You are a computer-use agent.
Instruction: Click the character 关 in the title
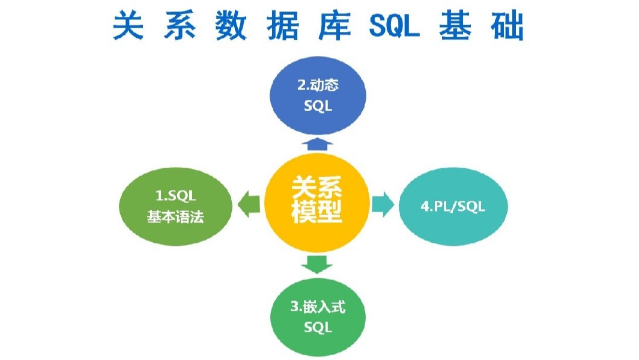(x=129, y=26)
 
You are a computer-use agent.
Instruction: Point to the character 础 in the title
(x=507, y=26)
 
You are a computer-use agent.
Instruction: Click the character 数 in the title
(x=230, y=26)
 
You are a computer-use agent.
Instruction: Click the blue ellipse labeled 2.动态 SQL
(x=318, y=96)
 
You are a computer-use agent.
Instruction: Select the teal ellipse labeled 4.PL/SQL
(x=453, y=207)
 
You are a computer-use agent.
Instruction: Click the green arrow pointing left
(x=248, y=206)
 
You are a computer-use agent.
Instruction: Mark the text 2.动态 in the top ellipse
(x=318, y=85)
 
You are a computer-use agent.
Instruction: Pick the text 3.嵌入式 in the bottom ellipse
(x=318, y=307)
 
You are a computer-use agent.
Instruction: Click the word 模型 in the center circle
(x=317, y=213)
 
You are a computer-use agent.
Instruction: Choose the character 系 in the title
(x=179, y=26)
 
